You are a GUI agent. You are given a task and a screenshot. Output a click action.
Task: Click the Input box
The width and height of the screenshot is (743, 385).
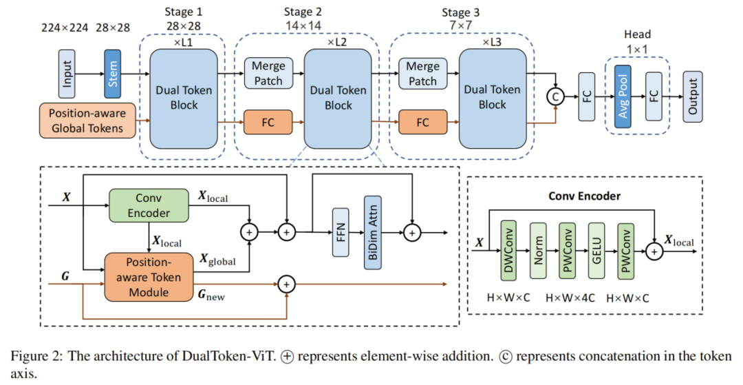(67, 73)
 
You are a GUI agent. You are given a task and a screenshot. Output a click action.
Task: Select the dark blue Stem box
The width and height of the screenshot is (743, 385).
(112, 73)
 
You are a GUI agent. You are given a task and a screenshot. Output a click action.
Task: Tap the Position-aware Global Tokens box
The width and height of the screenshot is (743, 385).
(87, 119)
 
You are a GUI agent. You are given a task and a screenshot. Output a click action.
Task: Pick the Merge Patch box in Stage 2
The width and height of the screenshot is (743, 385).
(268, 73)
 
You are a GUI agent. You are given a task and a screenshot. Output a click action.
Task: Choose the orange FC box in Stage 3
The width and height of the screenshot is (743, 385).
(422, 122)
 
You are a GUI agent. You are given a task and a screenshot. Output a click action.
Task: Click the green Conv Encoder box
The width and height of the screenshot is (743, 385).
(149, 205)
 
